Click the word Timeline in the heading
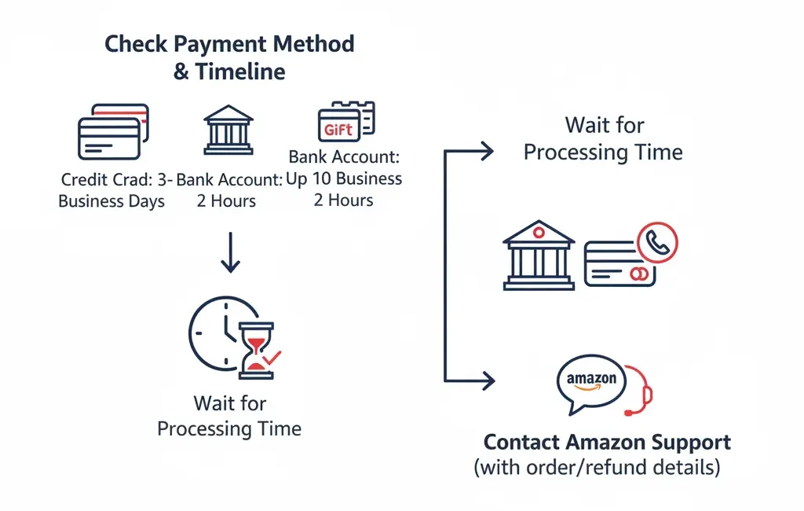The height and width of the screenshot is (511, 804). coord(240,72)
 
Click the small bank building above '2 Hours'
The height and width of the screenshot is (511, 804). coord(228,130)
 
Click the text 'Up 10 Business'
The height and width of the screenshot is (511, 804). coord(345,178)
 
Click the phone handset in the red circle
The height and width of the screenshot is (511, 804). coord(658,244)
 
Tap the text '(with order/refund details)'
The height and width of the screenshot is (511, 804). coord(597,468)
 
